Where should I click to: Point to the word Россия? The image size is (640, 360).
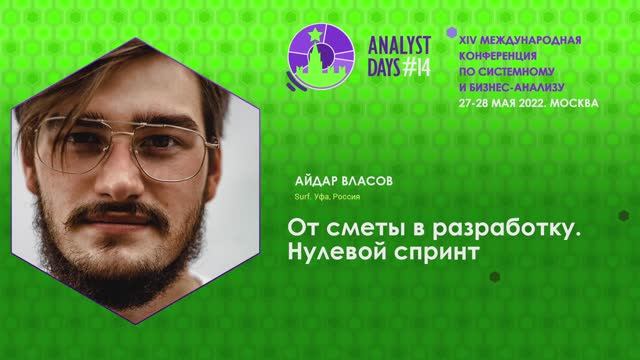(348, 198)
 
